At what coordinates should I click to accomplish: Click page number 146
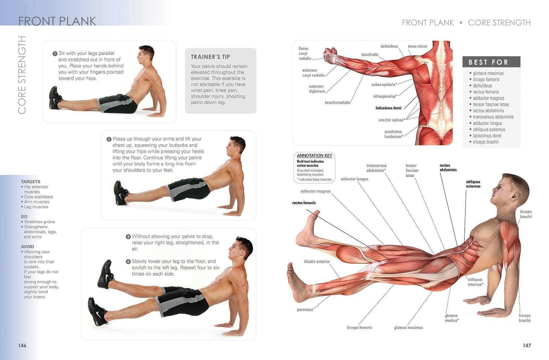coord(22,345)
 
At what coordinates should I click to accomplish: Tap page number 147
coord(527,345)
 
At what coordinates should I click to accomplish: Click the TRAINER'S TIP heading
coord(210,57)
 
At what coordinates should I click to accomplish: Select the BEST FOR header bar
coord(491,62)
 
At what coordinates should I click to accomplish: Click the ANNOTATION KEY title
coord(314,155)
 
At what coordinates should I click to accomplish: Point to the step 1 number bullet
coord(55,54)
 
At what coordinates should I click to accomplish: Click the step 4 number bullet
coord(128,262)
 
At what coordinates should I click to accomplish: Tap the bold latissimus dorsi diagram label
coord(388,108)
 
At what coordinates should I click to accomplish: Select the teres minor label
coord(418,46)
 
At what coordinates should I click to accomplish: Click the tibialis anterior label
coord(316,262)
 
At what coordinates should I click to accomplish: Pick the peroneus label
coord(305,310)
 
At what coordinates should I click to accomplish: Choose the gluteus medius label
coord(452,318)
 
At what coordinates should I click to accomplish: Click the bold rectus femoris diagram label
coord(304,203)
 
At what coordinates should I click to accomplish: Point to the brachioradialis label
coord(337,103)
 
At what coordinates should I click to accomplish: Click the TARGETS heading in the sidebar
coord(31,182)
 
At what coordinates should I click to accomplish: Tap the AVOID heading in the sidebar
coord(27,247)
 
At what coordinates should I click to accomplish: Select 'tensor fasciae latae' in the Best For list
coord(491,104)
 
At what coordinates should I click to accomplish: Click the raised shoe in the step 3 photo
coord(106,274)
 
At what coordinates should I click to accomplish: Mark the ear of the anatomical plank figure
coord(514,197)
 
